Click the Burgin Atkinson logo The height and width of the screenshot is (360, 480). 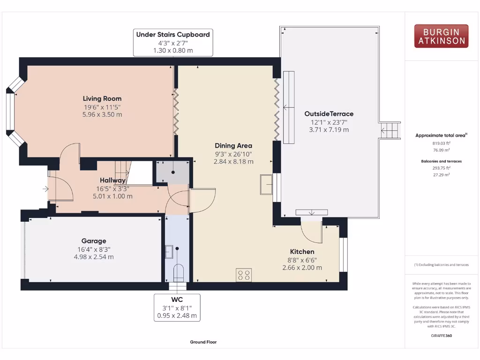click(x=441, y=36)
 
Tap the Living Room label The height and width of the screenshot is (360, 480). click(x=102, y=98)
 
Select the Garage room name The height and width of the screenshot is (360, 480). click(x=94, y=241)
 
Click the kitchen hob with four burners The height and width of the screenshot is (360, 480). click(x=244, y=275)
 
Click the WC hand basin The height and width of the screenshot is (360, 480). click(x=169, y=252)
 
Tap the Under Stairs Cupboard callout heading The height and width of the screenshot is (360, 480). click(x=173, y=34)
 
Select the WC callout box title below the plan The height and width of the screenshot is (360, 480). click(x=177, y=300)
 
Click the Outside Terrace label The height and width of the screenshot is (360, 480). click(x=329, y=113)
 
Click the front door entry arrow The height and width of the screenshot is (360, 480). click(x=45, y=189)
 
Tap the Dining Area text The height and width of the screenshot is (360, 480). click(x=233, y=145)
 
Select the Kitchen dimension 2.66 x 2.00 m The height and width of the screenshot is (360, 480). click(x=302, y=268)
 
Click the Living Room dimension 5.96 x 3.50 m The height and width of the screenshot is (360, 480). click(x=102, y=114)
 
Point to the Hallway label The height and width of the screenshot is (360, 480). click(x=112, y=180)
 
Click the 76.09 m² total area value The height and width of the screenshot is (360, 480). click(x=441, y=150)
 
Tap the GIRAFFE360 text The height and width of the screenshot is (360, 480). click(x=441, y=336)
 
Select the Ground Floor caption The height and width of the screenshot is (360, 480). click(x=203, y=342)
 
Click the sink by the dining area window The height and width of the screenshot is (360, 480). click(x=266, y=184)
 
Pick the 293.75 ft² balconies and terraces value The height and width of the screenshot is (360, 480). click(x=441, y=167)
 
